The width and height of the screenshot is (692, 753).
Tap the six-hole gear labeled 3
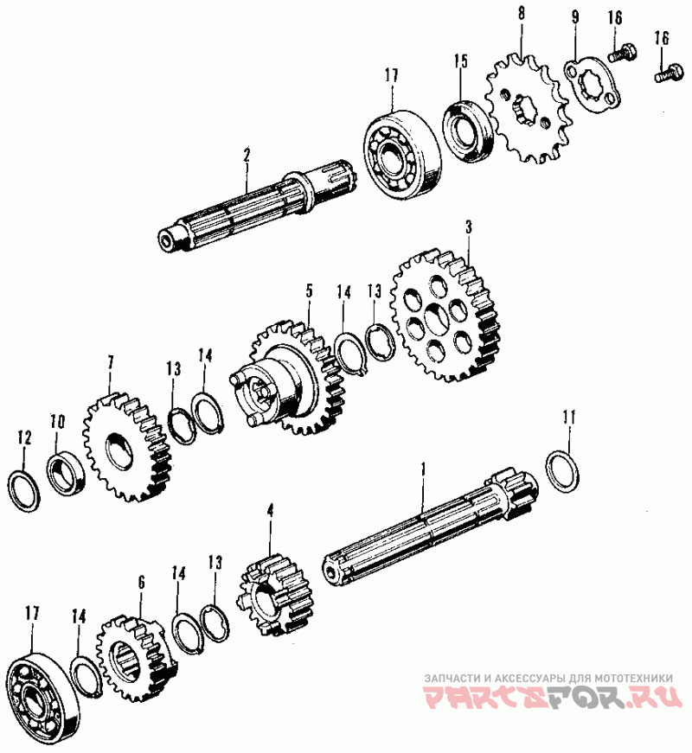coord(445,316)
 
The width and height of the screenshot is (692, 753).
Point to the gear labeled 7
coord(127,447)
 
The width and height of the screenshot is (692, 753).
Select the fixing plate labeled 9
coord(592,85)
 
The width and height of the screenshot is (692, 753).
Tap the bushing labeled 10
coord(66,473)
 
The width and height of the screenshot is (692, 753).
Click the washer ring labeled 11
coord(562,472)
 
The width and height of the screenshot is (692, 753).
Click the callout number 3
coord(469,227)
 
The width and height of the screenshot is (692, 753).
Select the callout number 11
coord(569,418)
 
